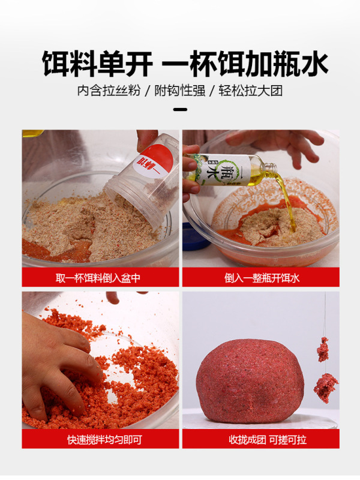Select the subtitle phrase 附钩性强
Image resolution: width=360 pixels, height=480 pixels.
[x=179, y=91]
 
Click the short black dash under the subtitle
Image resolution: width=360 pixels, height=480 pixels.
[x=180, y=110]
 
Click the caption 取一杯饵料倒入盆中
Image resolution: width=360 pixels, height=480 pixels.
[x=100, y=277]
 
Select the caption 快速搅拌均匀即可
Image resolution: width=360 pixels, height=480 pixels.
[x=100, y=439]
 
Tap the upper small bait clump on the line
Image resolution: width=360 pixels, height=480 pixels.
[x=323, y=349]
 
